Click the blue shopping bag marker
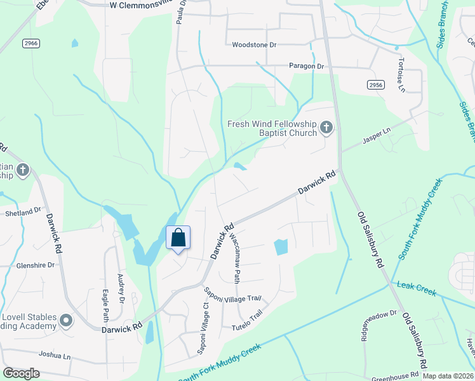(178, 238)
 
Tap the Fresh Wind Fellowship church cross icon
(326, 128)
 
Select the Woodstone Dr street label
(254, 45)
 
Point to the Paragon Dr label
(306, 66)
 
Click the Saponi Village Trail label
(232, 294)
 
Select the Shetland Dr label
(23, 211)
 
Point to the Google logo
(21, 373)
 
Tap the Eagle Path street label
(105, 305)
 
